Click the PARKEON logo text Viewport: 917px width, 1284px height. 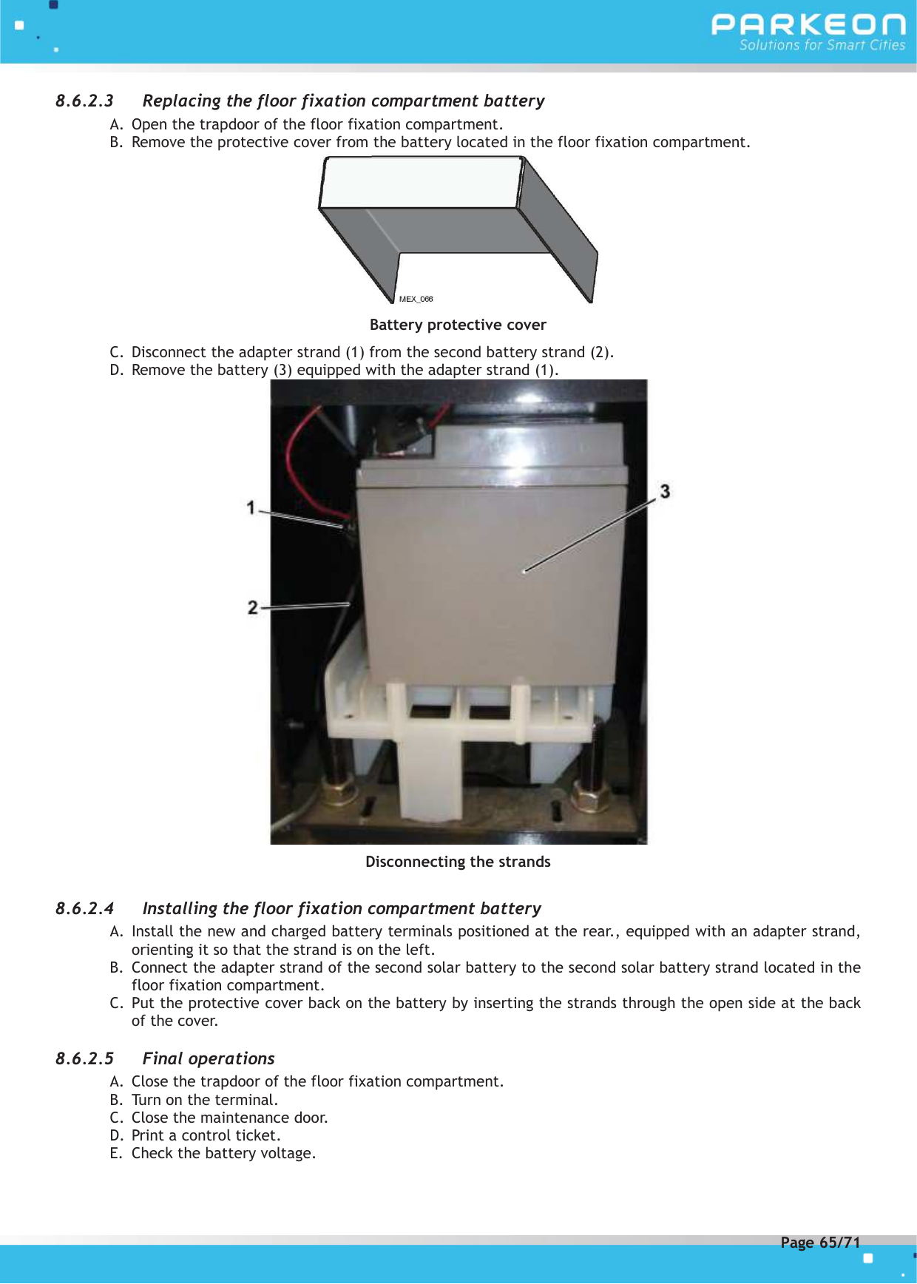[808, 24]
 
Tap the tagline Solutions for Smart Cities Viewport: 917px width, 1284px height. [822, 45]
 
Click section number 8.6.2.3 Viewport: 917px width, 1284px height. [84, 101]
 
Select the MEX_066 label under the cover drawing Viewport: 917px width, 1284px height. [416, 299]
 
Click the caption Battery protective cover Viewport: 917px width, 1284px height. [458, 325]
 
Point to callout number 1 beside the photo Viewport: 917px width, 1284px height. [251, 507]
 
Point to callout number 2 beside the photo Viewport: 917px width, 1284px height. [253, 607]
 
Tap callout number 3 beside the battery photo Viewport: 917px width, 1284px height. [665, 491]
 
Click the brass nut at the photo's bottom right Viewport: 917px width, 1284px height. [591, 799]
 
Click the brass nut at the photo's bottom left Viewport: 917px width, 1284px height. [339, 792]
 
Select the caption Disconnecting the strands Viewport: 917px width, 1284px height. [458, 862]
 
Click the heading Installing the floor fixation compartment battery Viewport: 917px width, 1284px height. [342, 908]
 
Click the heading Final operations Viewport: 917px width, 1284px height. [209, 1058]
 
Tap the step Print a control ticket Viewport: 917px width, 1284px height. [206, 1135]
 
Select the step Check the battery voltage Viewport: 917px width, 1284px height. [223, 1153]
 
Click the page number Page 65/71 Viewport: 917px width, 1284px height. [820, 1243]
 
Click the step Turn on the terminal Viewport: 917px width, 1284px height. [204, 1100]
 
